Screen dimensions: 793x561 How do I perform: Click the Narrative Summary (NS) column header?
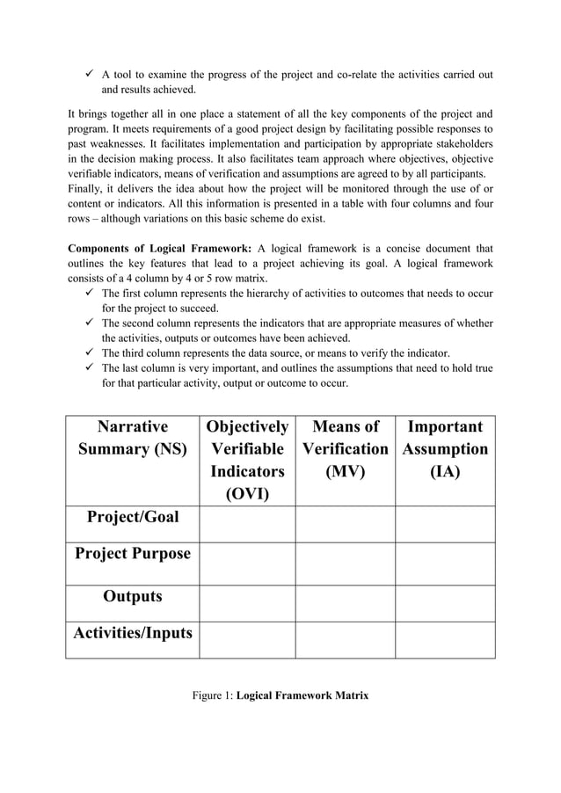click(x=132, y=438)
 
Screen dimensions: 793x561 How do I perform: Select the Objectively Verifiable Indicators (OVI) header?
click(x=246, y=460)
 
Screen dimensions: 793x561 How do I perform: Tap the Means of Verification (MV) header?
click(x=345, y=448)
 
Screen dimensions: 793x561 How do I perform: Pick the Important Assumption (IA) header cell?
click(x=445, y=448)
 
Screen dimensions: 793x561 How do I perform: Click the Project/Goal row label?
click(x=132, y=516)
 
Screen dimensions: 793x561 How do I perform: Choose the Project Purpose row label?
click(x=132, y=554)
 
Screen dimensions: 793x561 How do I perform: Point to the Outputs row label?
click(x=132, y=596)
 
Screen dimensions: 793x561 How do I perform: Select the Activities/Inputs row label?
click(x=132, y=632)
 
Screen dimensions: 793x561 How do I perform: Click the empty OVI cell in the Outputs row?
click(x=246, y=603)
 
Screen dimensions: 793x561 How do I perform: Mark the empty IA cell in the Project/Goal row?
click(x=445, y=524)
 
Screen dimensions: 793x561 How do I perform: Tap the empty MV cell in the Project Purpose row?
click(x=345, y=564)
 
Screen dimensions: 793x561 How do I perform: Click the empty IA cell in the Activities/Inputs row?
click(x=445, y=639)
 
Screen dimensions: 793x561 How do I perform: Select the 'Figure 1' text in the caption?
click(x=213, y=695)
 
